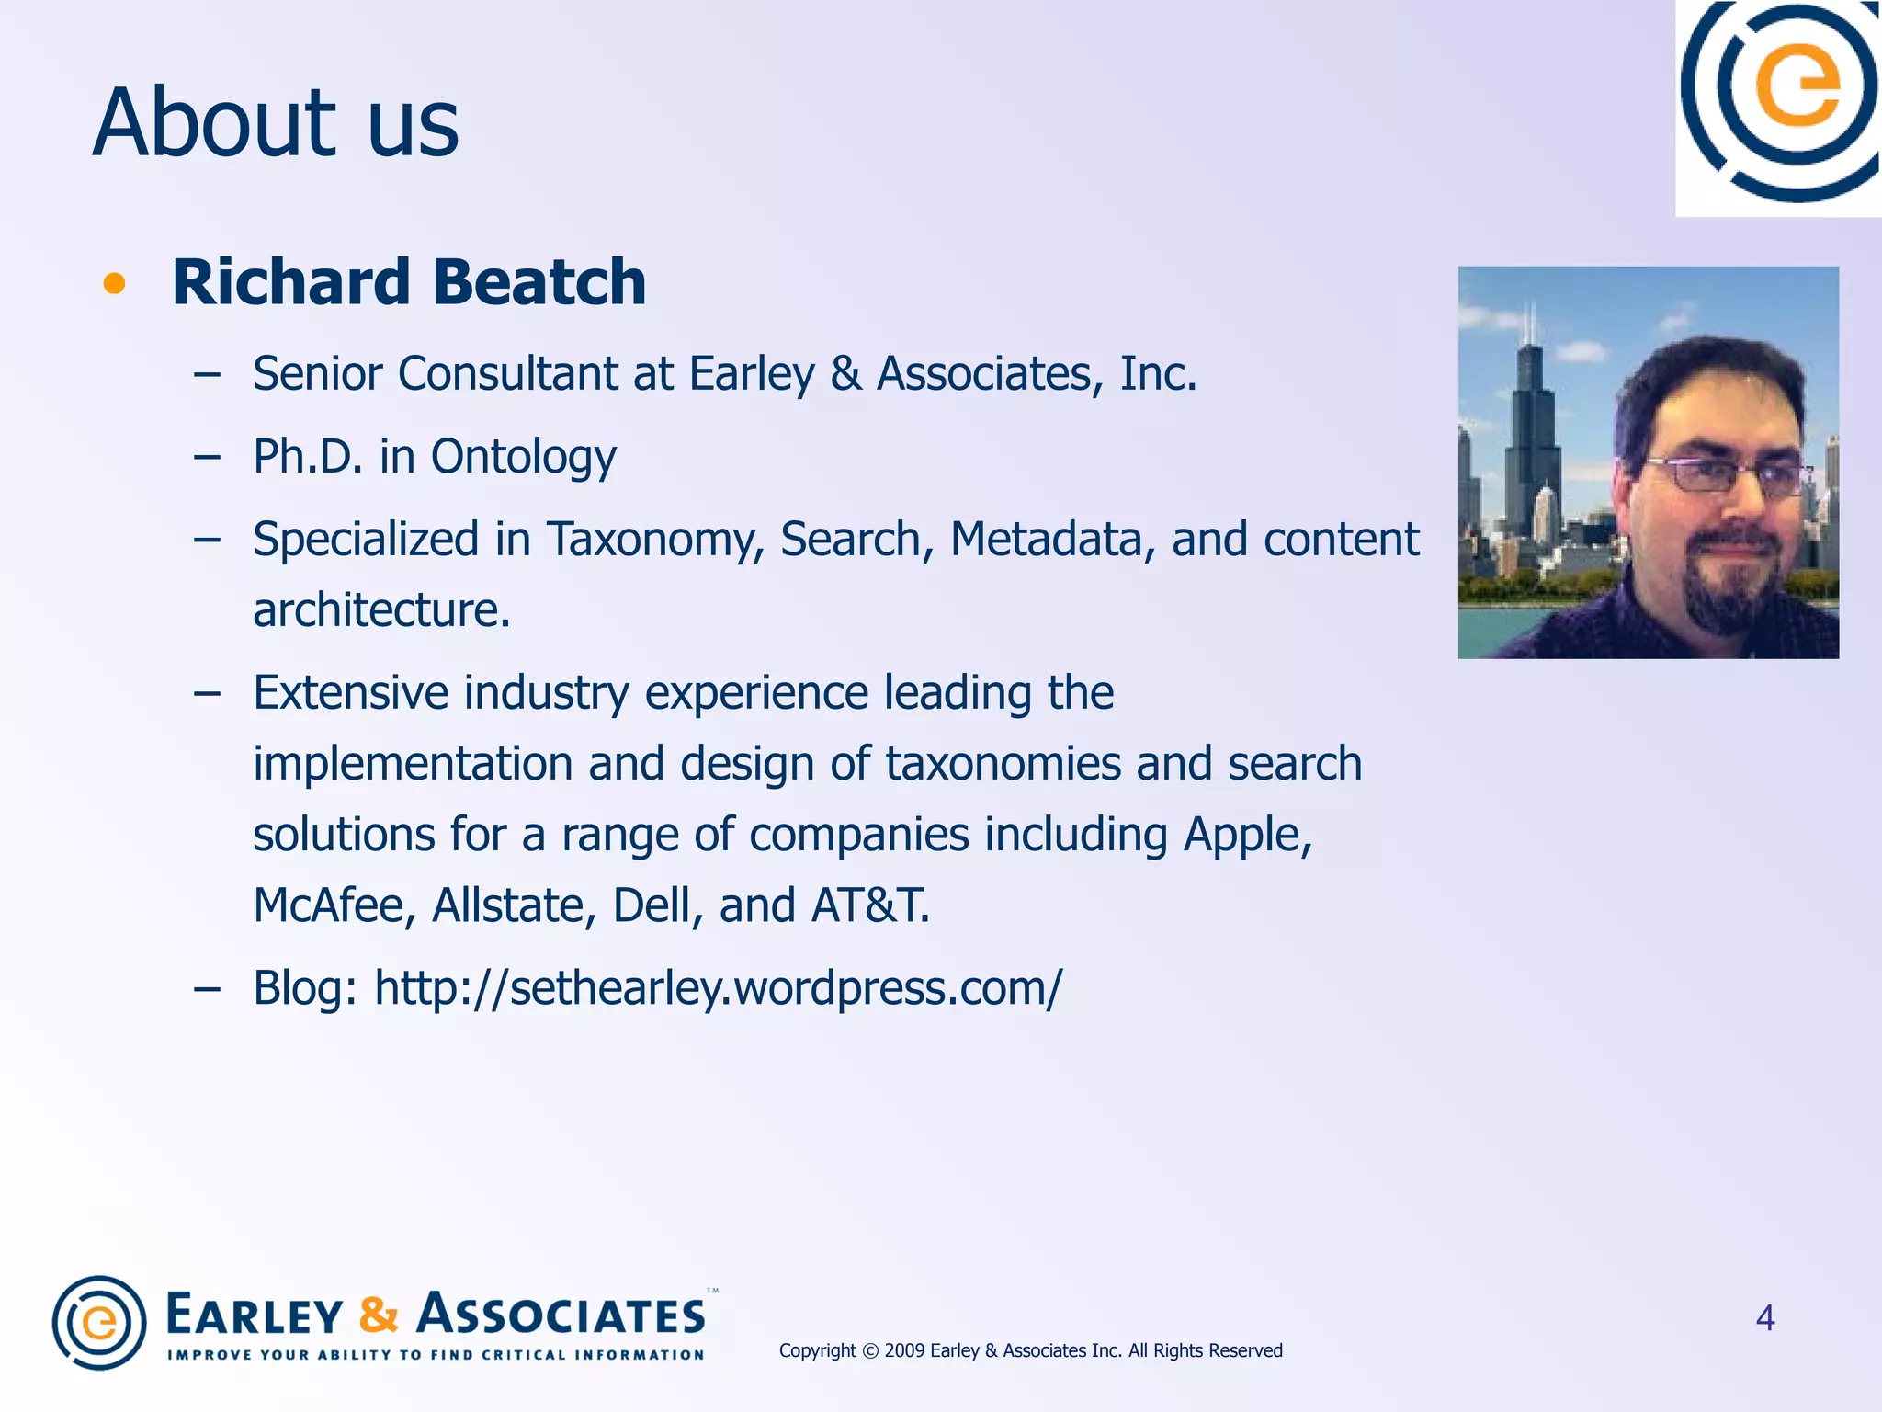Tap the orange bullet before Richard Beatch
(x=114, y=283)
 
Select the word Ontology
(x=523, y=458)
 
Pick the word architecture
(x=380, y=610)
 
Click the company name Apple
(x=1246, y=836)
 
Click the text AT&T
(x=869, y=905)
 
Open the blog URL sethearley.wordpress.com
(x=718, y=989)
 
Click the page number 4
(x=1764, y=1318)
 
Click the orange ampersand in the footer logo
(x=379, y=1315)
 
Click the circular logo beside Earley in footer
(x=99, y=1323)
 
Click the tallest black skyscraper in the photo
(x=1530, y=432)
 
